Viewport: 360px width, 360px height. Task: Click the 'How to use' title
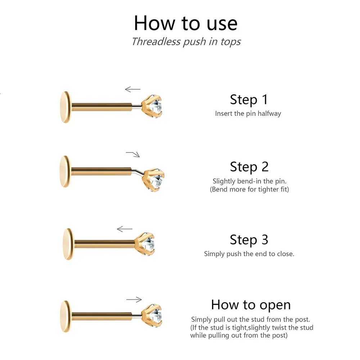point(185,23)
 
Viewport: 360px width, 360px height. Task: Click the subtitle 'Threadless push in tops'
point(186,42)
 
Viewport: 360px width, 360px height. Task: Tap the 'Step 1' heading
point(249,100)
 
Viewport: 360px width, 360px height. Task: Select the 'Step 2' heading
point(249,167)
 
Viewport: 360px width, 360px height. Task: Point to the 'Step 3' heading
point(249,240)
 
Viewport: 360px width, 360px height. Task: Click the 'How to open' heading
point(251,305)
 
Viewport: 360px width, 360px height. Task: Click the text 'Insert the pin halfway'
point(248,113)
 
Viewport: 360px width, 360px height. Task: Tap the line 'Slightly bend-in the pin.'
point(249,181)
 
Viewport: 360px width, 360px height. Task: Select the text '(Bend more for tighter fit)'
point(249,189)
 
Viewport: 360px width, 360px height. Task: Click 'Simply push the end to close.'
point(249,254)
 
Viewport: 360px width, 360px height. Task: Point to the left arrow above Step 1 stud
point(132,89)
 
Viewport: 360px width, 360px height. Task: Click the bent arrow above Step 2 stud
point(133,154)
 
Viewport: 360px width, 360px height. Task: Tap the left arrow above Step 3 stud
point(125,229)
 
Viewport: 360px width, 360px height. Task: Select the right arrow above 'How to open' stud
point(134,300)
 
